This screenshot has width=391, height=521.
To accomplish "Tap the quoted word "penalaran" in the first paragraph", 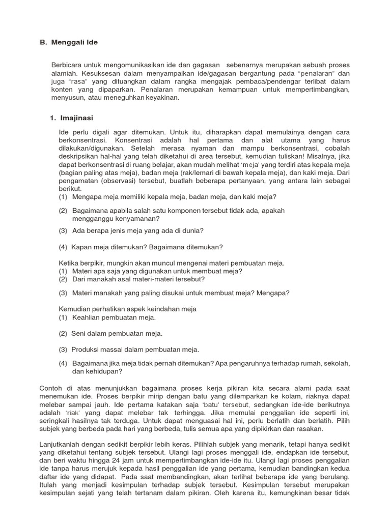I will pyautogui.click(x=316, y=73).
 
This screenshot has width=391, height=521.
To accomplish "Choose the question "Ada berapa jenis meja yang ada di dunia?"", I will pyautogui.click(x=137, y=230).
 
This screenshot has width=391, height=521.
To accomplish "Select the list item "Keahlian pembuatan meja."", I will pyautogui.click(x=114, y=317).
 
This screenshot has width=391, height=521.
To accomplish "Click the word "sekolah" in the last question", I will pyautogui.click(x=339, y=364).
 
